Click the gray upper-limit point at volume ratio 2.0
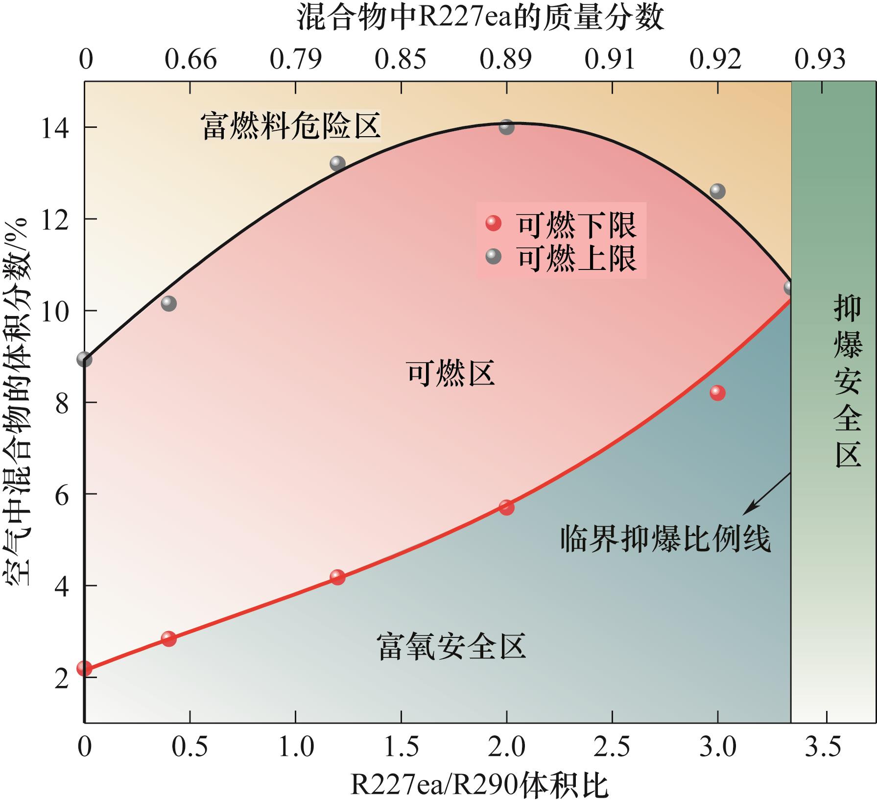506,127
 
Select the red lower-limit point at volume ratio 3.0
717,393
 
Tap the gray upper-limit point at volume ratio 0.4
168,304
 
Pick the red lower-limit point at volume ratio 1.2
337,577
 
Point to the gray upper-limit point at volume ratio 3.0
717,192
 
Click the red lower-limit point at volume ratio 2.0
506,508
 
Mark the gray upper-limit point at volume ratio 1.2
337,164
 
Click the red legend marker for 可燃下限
494,223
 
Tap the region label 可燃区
450,373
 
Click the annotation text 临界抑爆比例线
665,538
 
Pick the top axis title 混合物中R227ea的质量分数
480,18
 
